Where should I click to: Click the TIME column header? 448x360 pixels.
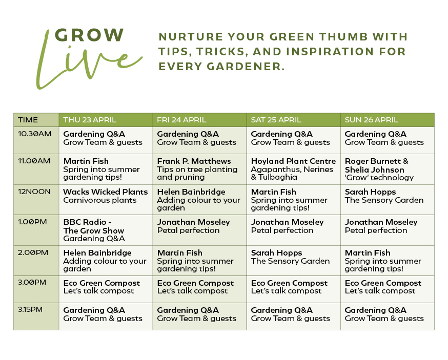pos(28,120)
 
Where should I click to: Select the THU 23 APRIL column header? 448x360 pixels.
pos(90,120)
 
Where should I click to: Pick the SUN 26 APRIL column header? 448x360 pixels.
pos(371,120)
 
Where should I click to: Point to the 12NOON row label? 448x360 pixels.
pos(34,192)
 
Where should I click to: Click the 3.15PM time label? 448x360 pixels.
pos(31,310)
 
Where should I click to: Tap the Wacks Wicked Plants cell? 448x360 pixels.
pos(106,196)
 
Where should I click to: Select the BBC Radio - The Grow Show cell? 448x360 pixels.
pos(93,230)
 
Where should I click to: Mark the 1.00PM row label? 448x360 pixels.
pos(32,222)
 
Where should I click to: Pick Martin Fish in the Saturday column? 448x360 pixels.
pos(273,192)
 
